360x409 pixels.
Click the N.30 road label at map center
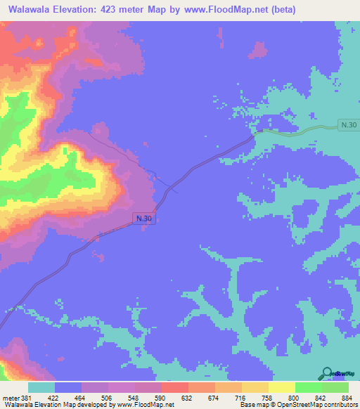143,219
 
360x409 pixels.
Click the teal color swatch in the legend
41,388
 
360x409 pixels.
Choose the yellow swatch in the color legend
281,388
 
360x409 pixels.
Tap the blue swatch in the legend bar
67,388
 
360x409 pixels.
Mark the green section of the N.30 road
302,131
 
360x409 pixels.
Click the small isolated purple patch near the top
258,50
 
